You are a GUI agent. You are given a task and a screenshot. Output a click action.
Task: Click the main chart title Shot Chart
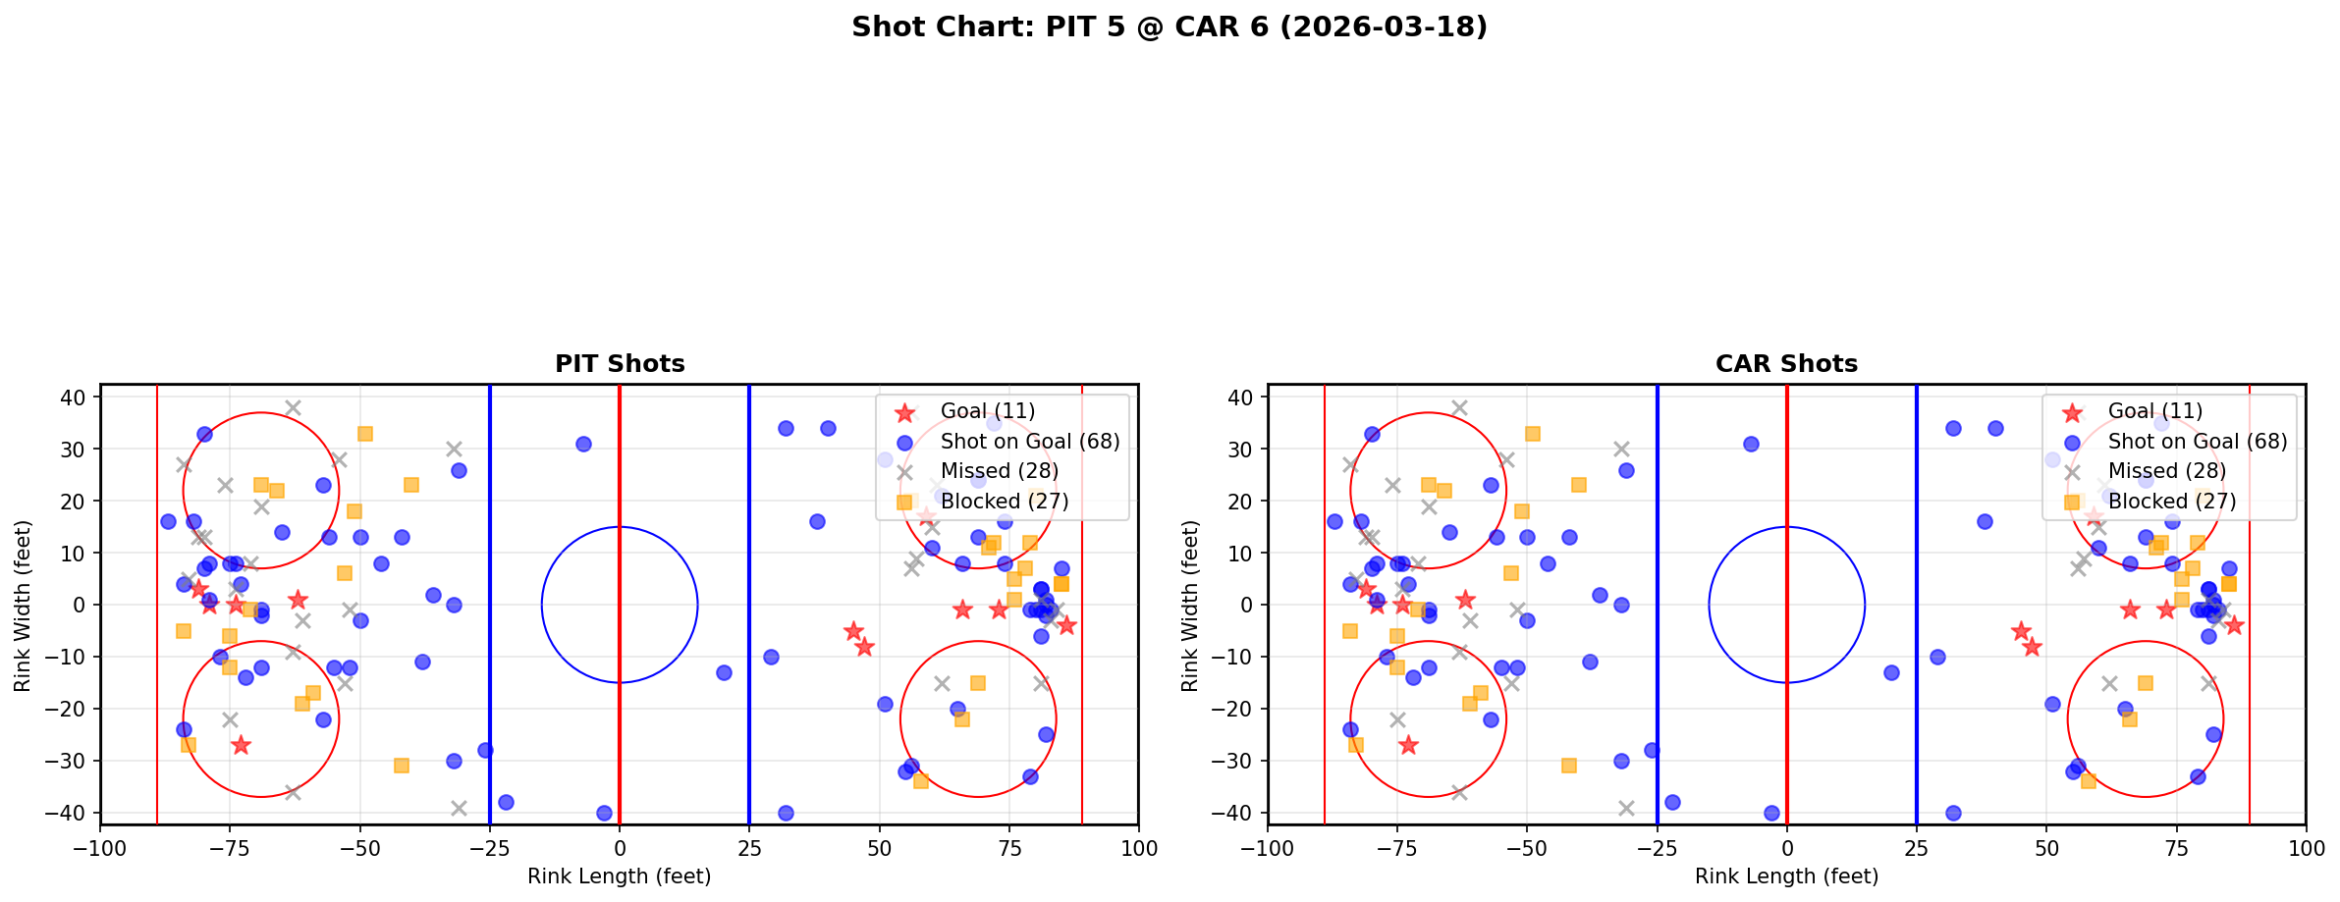click(x=1169, y=27)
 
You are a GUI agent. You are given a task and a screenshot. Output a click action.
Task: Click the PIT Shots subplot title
click(x=620, y=364)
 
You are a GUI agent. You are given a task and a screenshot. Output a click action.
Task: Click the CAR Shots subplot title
click(x=1786, y=364)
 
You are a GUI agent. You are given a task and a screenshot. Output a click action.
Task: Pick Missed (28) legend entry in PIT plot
click(x=999, y=471)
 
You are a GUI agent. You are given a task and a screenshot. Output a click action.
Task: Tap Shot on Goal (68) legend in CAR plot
click(x=2197, y=442)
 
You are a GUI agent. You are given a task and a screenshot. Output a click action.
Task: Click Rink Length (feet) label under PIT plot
click(x=620, y=876)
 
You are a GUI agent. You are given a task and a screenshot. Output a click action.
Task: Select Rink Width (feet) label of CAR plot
click(x=1189, y=606)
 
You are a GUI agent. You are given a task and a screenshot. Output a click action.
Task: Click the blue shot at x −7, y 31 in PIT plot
click(x=583, y=444)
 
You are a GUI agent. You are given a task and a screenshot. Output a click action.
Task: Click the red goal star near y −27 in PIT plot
click(x=241, y=745)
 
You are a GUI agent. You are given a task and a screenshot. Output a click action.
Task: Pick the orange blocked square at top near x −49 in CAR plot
click(x=1532, y=433)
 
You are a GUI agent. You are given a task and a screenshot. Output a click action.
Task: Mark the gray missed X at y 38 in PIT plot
click(x=293, y=407)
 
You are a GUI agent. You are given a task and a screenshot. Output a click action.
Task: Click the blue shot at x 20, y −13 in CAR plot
click(x=1890, y=672)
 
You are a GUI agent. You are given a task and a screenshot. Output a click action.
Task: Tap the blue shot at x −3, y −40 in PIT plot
click(x=604, y=813)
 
